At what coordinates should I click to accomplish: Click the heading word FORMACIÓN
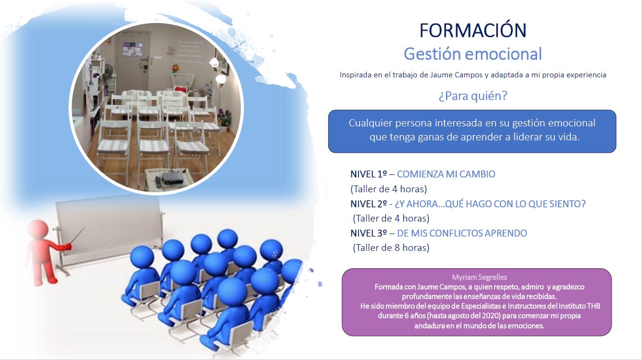(x=473, y=30)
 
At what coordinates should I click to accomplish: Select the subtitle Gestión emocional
(x=473, y=54)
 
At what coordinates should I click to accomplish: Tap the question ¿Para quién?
(x=473, y=96)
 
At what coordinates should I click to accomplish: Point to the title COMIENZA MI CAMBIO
(x=446, y=174)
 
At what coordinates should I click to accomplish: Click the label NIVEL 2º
(x=369, y=204)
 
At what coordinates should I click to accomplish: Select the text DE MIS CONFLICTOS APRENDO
(x=462, y=233)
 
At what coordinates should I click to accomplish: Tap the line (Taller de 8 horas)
(x=391, y=248)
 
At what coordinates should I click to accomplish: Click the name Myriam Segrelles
(x=480, y=277)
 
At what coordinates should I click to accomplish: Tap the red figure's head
(x=38, y=229)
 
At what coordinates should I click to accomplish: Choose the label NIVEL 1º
(x=369, y=174)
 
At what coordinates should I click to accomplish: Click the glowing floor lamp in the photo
(x=221, y=79)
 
